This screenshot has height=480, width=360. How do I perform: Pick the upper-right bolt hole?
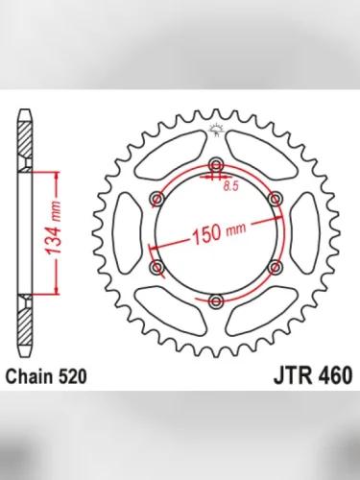click(x=275, y=197)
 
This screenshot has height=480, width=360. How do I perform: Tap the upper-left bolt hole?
click(x=156, y=197)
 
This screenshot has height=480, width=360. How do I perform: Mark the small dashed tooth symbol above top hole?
click(x=215, y=132)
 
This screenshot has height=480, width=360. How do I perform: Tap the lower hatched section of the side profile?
click(x=24, y=317)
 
